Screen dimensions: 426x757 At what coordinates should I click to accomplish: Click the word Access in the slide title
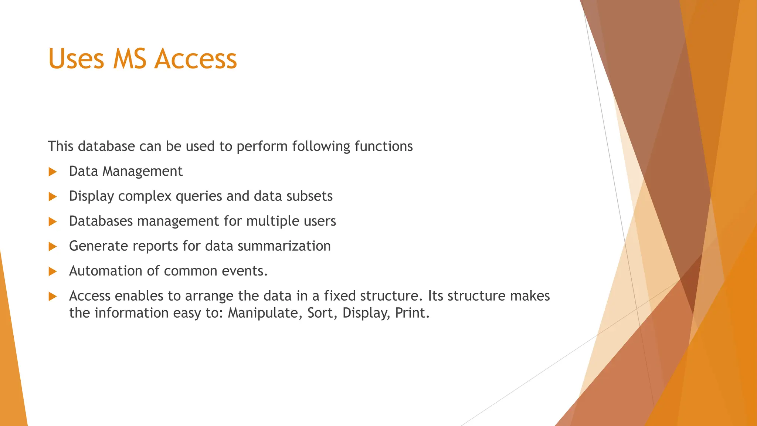click(196, 59)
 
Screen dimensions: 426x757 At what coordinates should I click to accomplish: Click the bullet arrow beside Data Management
click(52, 172)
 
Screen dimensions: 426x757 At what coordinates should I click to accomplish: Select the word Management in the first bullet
click(142, 172)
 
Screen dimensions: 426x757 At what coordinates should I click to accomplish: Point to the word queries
click(199, 196)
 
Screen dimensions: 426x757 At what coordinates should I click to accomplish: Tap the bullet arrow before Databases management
click(52, 222)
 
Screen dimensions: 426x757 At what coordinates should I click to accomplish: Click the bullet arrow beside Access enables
click(52, 297)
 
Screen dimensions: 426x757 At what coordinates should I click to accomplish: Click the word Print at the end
click(412, 313)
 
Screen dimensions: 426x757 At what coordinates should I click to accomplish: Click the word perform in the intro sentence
click(262, 147)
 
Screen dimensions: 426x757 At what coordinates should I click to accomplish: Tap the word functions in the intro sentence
click(383, 146)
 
